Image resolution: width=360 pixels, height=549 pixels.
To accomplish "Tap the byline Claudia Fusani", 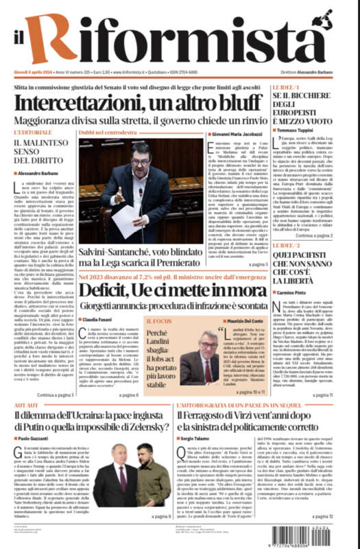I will (x=100, y=320).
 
